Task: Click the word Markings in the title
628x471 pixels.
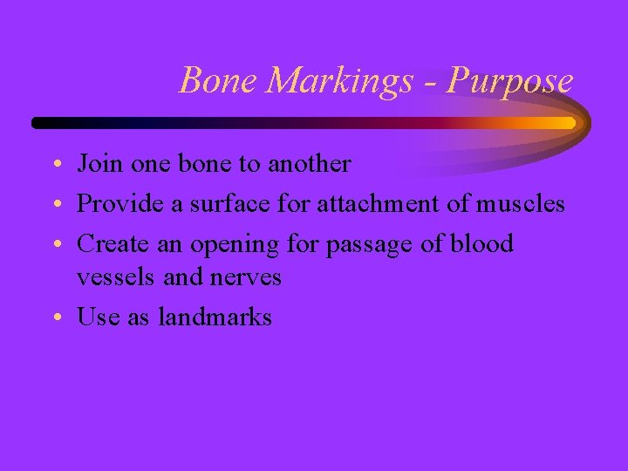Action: click(341, 82)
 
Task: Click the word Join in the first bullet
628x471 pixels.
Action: click(96, 164)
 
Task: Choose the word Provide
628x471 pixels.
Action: click(114, 204)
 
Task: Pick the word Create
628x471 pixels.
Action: click(107, 244)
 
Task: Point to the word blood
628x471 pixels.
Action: click(482, 244)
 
